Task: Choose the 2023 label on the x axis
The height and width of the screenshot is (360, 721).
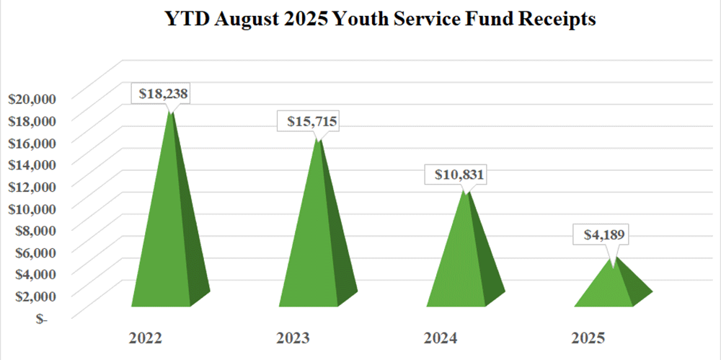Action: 293,338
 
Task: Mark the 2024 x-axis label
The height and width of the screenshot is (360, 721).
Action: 441,338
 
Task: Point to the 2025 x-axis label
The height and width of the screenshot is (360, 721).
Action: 588,338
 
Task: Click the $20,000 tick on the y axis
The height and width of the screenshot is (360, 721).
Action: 32,98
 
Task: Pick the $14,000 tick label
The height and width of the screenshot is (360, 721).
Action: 32,164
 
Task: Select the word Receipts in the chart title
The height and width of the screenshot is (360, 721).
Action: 557,20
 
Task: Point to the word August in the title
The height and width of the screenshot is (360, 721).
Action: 232,20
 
